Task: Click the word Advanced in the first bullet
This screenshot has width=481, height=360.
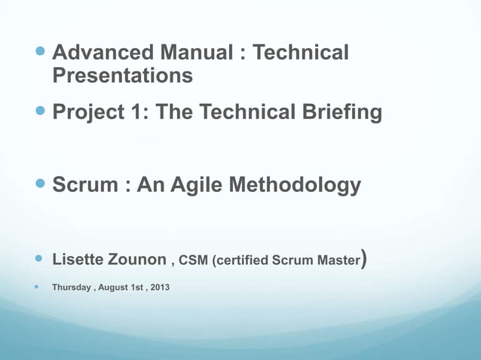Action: pyautogui.click(x=102, y=53)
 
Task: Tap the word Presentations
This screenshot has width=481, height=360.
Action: pyautogui.click(x=122, y=76)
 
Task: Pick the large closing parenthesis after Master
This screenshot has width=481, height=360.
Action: pyautogui.click(x=364, y=260)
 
